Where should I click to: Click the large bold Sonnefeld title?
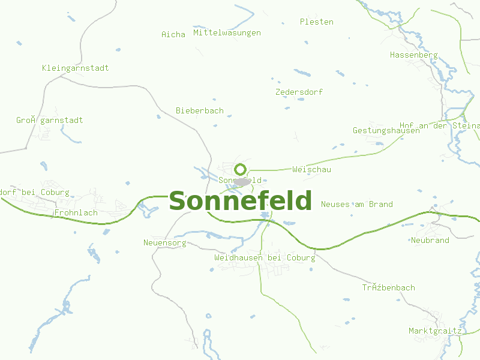(241, 201)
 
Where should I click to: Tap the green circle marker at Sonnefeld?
(241, 169)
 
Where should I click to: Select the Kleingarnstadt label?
(76, 68)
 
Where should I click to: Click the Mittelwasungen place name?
(227, 33)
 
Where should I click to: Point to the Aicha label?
(173, 34)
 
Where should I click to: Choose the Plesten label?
(317, 22)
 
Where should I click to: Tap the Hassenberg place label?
(414, 55)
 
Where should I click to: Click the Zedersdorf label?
(299, 92)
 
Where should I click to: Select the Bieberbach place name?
(200, 110)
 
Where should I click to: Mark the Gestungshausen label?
(386, 130)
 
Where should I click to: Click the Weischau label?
(311, 169)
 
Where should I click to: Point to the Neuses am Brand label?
(357, 204)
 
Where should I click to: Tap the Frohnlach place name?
(76, 212)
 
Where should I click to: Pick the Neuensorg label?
(165, 243)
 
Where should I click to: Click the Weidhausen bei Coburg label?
(265, 257)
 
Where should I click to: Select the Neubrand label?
(430, 240)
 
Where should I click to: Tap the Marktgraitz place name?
(435, 331)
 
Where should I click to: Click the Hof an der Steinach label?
(440, 125)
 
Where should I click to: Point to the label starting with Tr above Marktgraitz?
(388, 287)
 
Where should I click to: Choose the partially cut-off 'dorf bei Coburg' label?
(35, 193)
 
